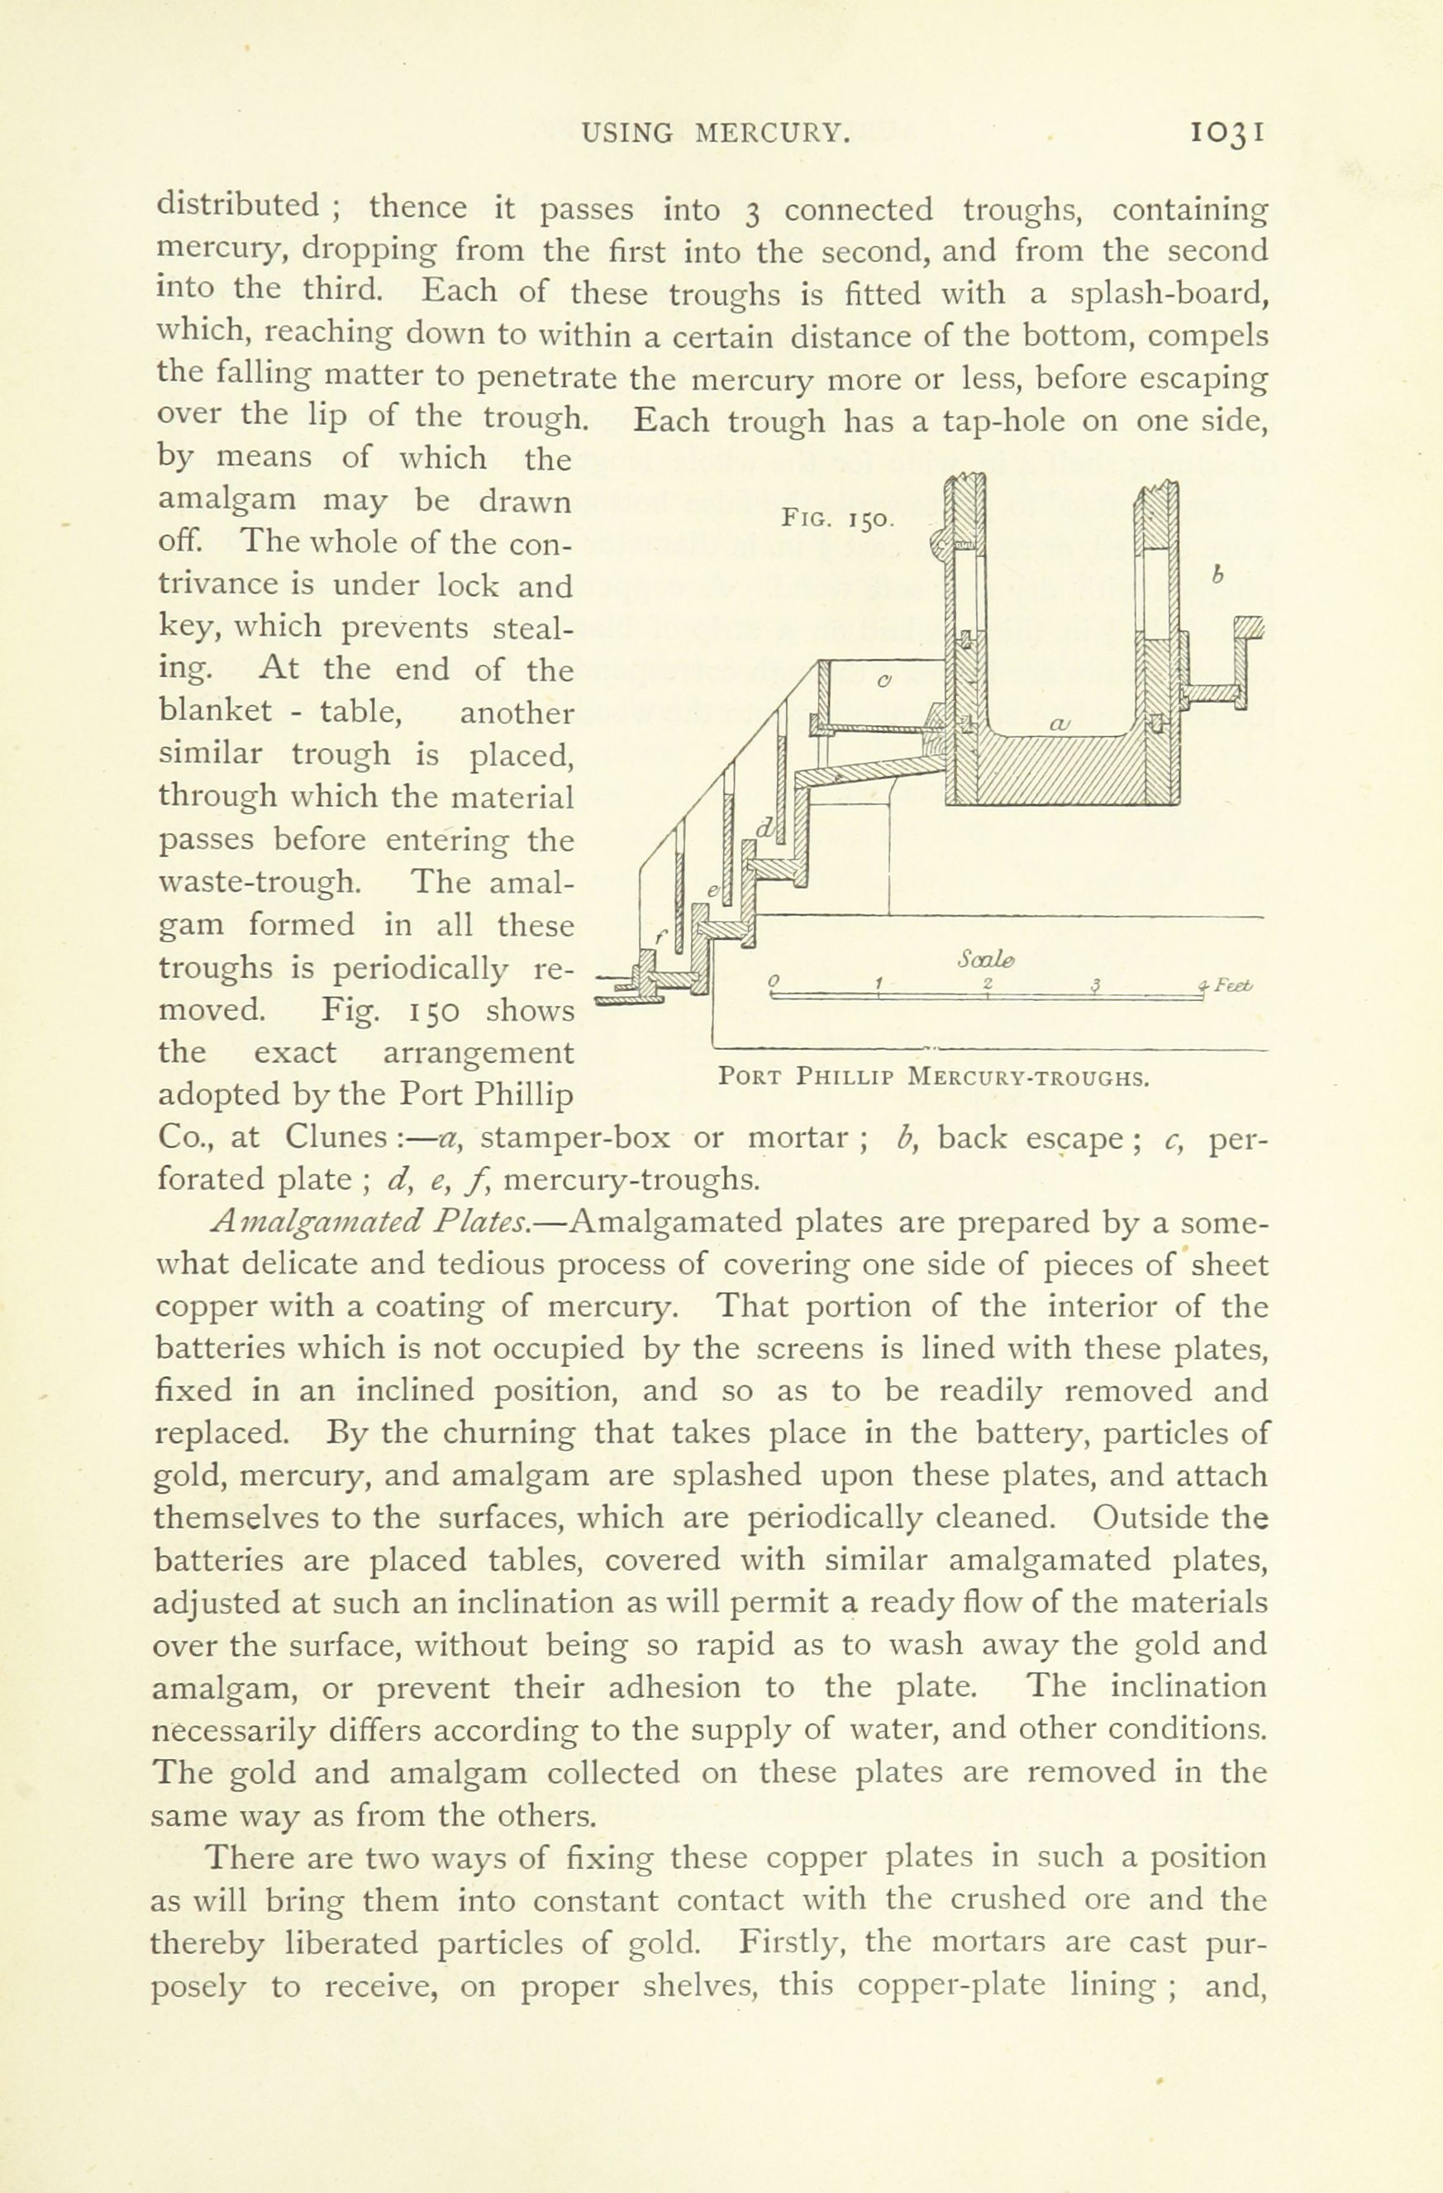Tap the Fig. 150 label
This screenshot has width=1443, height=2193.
(x=835, y=519)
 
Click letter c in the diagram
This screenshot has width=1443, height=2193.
(x=883, y=683)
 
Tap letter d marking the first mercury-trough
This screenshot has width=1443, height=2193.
(x=764, y=827)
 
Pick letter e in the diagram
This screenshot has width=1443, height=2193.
(x=712, y=890)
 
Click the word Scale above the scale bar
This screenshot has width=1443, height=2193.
(x=985, y=961)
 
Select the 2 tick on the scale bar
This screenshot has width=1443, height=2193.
(x=987, y=983)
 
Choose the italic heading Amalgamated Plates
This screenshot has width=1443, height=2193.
(x=369, y=1223)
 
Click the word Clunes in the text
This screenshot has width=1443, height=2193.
(x=335, y=1137)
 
